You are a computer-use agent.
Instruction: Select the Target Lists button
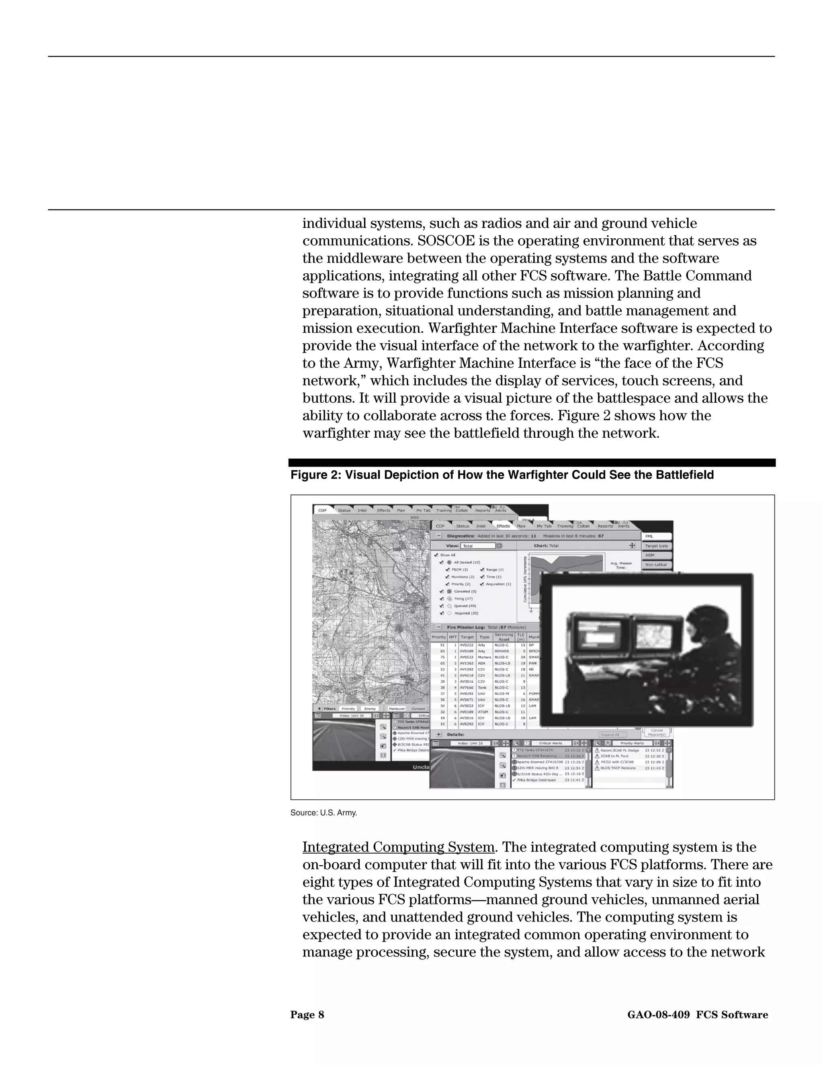656,546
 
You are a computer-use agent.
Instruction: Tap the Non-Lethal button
656,565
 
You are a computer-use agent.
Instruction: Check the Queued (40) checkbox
442,606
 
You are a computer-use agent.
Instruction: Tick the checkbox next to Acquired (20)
442,613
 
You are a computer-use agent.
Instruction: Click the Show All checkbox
435,555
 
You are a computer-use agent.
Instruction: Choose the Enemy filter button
370,709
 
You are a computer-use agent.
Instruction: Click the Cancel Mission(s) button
657,732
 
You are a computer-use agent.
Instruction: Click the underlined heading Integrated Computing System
398,847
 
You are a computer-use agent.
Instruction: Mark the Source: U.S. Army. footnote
324,813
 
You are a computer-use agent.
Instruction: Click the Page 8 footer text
307,1015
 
